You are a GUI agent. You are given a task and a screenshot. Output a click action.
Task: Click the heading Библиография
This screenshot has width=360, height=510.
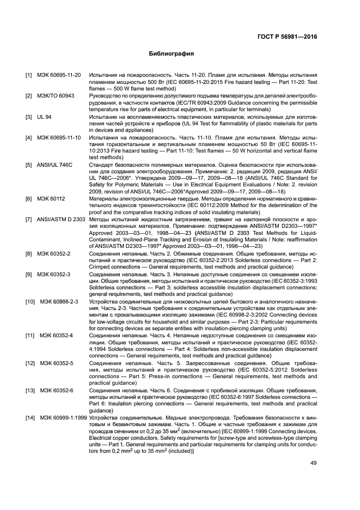[x=172, y=54]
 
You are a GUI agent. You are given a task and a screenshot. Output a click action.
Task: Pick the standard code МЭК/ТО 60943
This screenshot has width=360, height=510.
[x=55, y=95]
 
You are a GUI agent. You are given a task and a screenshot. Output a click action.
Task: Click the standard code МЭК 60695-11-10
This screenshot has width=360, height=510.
[x=58, y=138]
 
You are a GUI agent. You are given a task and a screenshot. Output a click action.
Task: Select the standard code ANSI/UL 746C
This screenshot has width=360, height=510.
[x=54, y=165]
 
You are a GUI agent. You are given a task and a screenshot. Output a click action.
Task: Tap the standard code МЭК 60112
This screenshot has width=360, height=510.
[x=51, y=199]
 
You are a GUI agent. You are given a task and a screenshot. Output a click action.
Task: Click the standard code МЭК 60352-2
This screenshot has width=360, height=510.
[x=57, y=253]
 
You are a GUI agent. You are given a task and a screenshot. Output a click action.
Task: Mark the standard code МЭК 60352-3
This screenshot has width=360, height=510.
[x=57, y=275]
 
